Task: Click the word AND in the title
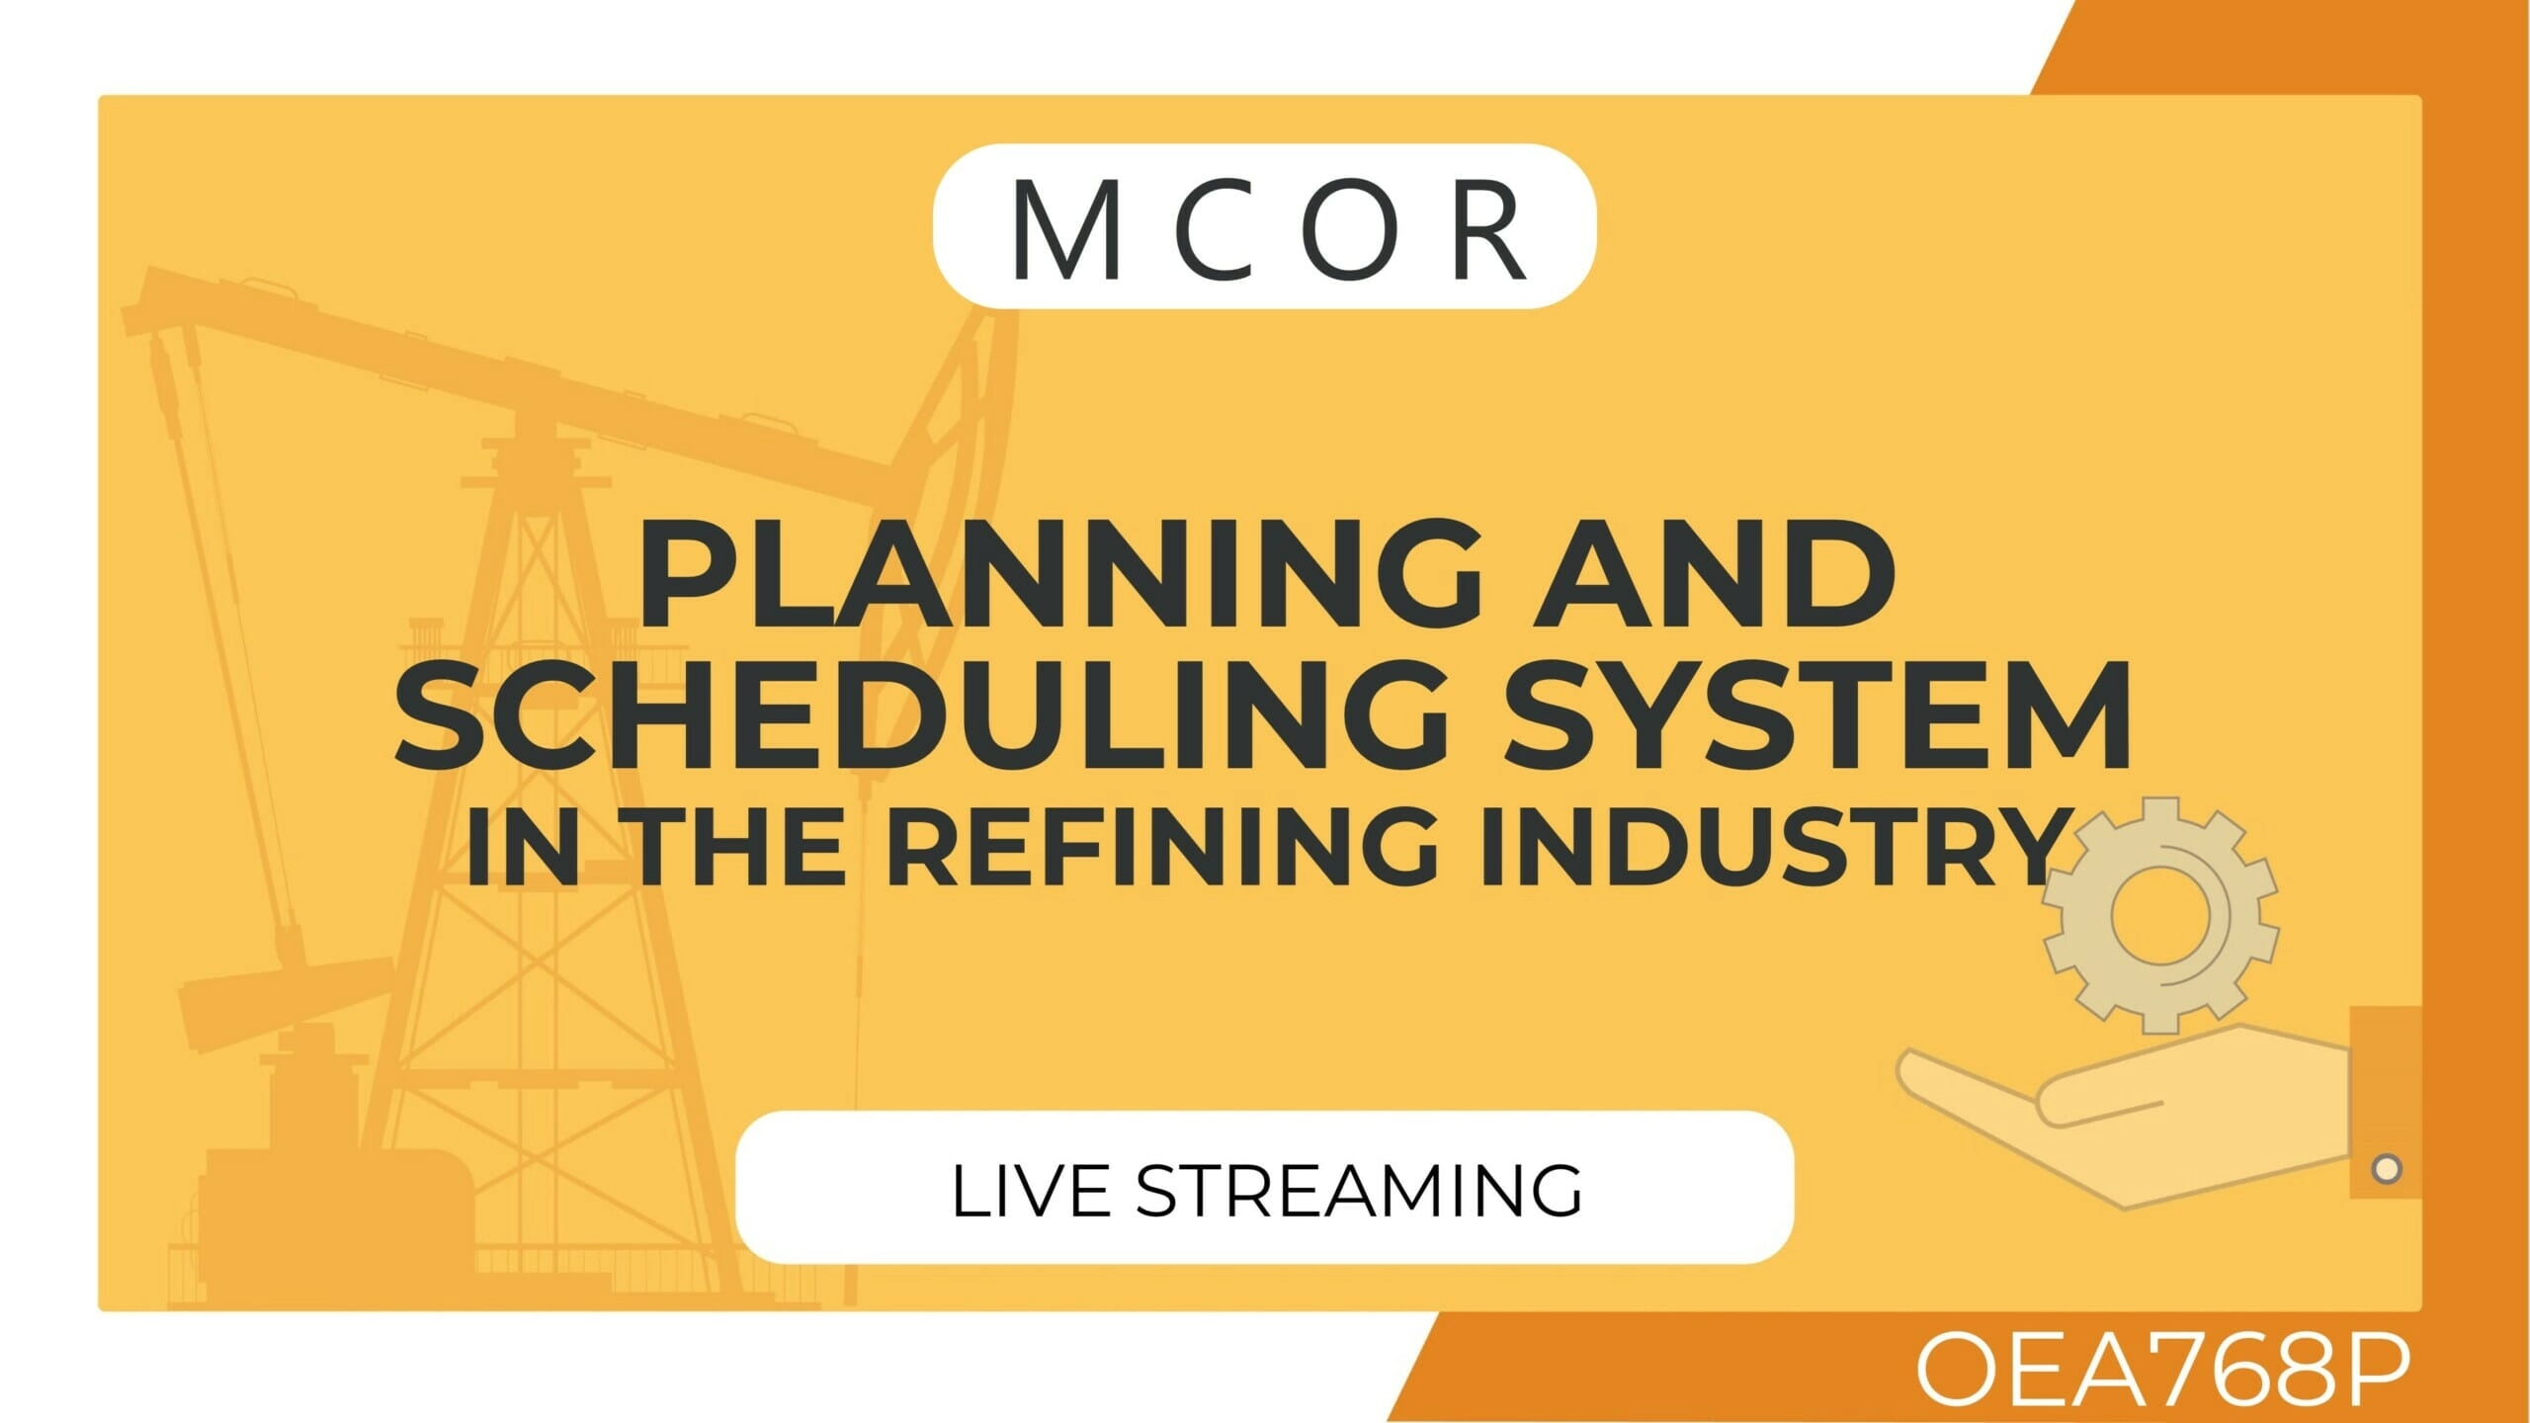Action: coord(1714,576)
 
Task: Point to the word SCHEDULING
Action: coord(922,716)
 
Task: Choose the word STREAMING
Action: coord(1358,1190)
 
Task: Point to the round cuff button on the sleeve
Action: coord(2387,1169)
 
